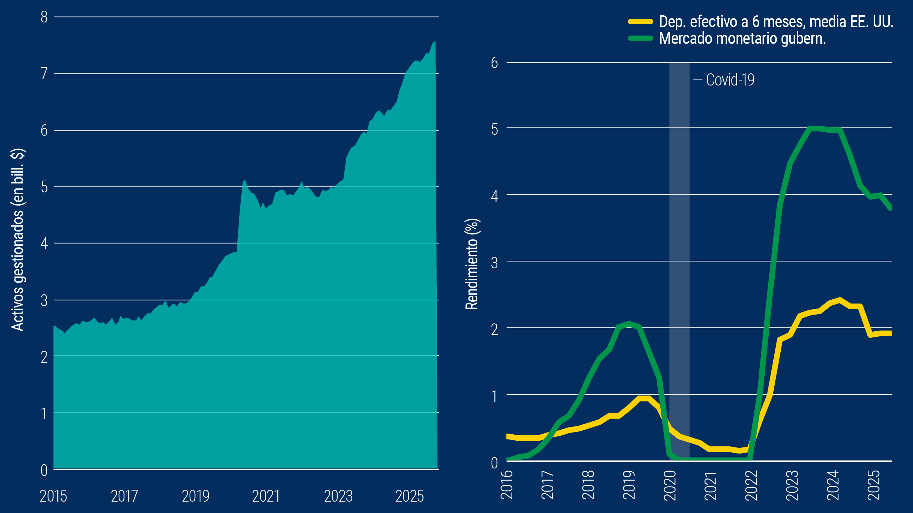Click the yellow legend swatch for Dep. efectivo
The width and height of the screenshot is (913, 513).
(x=640, y=22)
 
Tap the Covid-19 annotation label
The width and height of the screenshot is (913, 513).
(x=730, y=80)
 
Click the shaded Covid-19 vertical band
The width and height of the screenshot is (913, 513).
(x=679, y=249)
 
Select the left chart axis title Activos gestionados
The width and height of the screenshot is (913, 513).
(x=17, y=240)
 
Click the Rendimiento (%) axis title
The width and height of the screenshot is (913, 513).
(x=472, y=264)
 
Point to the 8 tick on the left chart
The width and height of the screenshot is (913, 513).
(x=44, y=17)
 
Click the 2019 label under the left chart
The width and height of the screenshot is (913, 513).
(x=195, y=496)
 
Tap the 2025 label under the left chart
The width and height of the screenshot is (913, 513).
(x=409, y=496)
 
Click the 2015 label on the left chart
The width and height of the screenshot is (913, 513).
(x=53, y=496)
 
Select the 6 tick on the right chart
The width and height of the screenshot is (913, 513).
(x=494, y=63)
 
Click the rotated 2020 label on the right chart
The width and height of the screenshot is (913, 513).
(x=670, y=485)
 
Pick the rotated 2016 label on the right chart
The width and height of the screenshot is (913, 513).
(x=507, y=485)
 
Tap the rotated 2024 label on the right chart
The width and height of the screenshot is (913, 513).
(x=833, y=485)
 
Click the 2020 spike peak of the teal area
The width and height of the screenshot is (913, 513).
(x=245, y=181)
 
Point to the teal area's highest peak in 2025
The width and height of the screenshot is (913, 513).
(x=435, y=41)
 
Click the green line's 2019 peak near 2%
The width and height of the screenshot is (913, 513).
(x=629, y=323)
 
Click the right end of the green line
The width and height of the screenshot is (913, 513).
(x=890, y=208)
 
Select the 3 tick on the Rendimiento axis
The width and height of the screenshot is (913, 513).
(x=494, y=263)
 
